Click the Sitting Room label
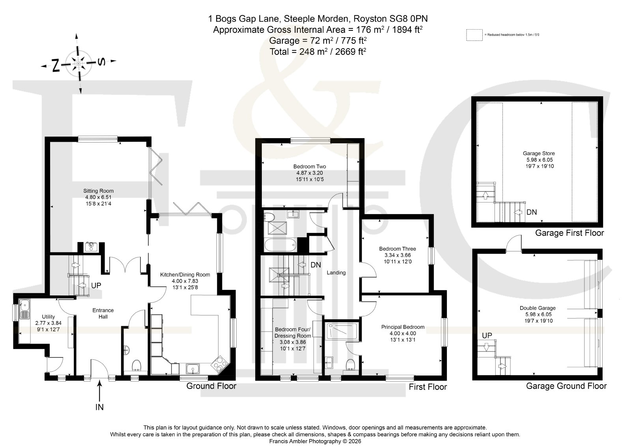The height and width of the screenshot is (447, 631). (x=98, y=191)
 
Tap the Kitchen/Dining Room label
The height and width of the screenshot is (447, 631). (x=185, y=275)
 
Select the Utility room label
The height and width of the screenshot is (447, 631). (x=49, y=317)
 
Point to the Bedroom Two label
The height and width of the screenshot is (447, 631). (x=310, y=167)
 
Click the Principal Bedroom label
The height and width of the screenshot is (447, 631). (x=403, y=327)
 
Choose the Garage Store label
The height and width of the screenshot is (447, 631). (x=539, y=154)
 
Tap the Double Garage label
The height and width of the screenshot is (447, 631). (x=538, y=308)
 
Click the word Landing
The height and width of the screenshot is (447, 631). (x=336, y=273)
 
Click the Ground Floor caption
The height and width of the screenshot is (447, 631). (x=211, y=386)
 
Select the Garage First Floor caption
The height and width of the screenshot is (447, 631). (x=569, y=233)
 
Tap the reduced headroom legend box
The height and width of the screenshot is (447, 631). (x=474, y=35)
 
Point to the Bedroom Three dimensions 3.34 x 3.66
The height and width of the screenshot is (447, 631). (x=398, y=255)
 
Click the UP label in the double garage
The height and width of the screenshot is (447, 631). (x=487, y=336)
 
